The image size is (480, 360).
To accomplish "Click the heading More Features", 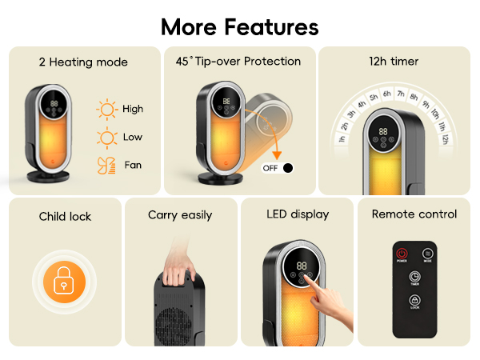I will [x=240, y=26].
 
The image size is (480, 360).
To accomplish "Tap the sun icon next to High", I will [x=106, y=109].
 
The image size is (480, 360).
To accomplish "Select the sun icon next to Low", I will [x=106, y=137].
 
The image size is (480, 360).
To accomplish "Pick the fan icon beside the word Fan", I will [x=106, y=165].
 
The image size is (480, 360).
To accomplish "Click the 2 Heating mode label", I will [x=83, y=62].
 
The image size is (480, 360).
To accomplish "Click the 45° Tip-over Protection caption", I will [x=238, y=61].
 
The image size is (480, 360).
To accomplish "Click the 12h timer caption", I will [x=394, y=61].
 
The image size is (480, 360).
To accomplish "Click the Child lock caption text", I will [x=65, y=216].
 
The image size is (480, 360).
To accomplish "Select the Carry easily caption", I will [x=180, y=215].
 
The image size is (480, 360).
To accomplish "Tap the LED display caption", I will [x=298, y=214].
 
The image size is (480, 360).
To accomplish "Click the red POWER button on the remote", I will [x=402, y=254].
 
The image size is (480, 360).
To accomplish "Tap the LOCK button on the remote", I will [x=414, y=302].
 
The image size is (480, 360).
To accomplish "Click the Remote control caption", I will [x=414, y=214].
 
